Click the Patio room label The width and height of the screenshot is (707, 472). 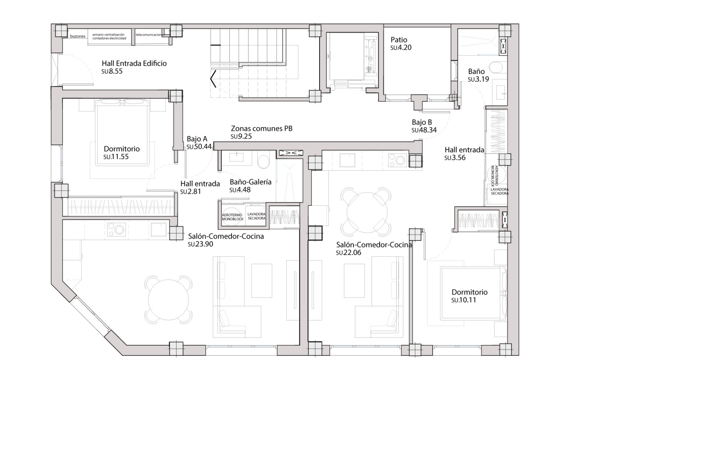[399, 40]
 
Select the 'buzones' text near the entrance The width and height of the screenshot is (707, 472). [78, 37]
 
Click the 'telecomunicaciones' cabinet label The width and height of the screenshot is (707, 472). [150, 35]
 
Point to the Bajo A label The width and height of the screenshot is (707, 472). [197, 139]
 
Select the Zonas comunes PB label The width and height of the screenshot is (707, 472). [261, 129]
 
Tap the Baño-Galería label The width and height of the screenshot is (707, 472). [250, 182]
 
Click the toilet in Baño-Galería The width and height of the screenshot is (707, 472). [264, 162]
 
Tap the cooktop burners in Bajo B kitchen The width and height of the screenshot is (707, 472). [397, 160]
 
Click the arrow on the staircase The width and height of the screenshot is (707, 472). [213, 79]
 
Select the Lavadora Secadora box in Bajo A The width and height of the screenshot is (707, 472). [256, 216]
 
